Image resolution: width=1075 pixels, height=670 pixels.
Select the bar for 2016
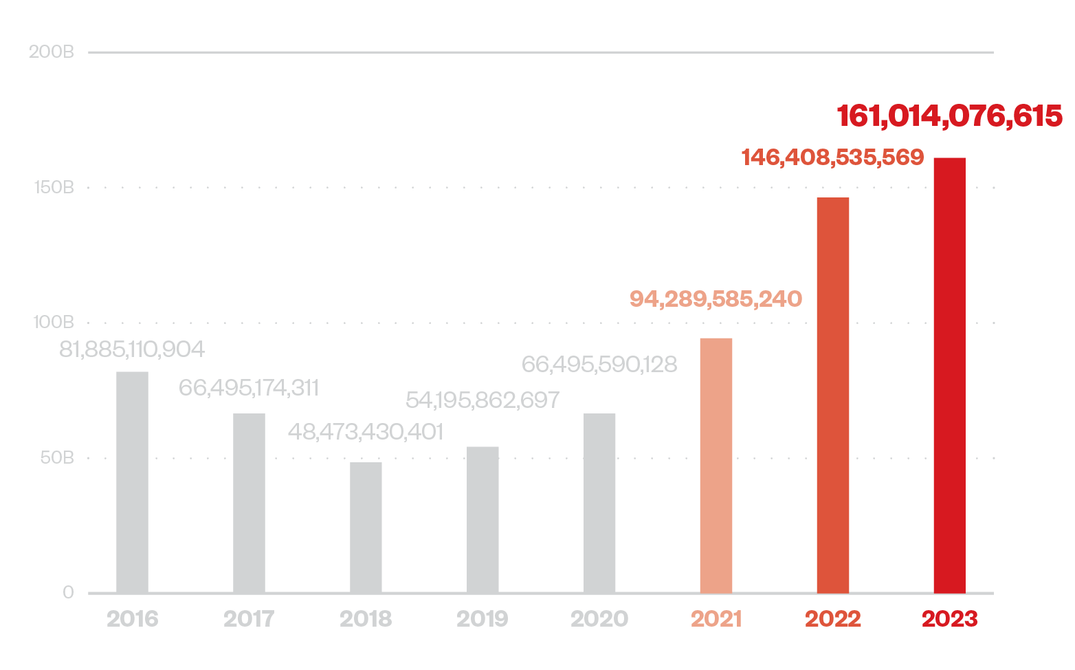pyautogui.click(x=132, y=482)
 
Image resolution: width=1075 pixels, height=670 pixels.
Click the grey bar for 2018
pyautogui.click(x=366, y=527)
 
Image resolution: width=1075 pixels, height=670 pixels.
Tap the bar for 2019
pyautogui.click(x=483, y=519)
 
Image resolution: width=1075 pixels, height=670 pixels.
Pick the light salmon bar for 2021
pyautogui.click(x=716, y=465)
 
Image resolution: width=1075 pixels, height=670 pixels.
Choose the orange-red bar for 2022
pyautogui.click(x=833, y=395)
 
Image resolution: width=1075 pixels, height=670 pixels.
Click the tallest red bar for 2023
pyautogui.click(x=949, y=375)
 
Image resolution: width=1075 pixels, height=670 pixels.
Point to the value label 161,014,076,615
pyautogui.click(x=949, y=116)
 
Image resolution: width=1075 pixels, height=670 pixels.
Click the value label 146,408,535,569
pyautogui.click(x=832, y=158)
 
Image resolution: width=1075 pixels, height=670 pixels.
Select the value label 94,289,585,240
pyautogui.click(x=716, y=299)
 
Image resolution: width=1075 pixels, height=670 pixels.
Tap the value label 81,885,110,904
pyautogui.click(x=132, y=349)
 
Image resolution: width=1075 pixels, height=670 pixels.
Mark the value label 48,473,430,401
pyautogui.click(x=365, y=432)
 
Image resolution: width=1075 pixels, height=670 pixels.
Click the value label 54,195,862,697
pyautogui.click(x=483, y=400)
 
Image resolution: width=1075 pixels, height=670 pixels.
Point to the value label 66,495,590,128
pyautogui.click(x=599, y=364)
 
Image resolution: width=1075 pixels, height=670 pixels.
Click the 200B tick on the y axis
pyautogui.click(x=51, y=52)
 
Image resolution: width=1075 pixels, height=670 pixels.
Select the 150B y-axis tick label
pyautogui.click(x=53, y=187)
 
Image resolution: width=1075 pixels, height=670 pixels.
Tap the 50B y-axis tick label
pyautogui.click(x=56, y=458)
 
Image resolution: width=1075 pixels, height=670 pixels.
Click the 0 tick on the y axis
pyautogui.click(x=68, y=592)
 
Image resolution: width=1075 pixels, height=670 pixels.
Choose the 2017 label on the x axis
pyautogui.click(x=249, y=619)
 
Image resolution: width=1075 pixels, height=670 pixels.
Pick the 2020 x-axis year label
pyautogui.click(x=599, y=619)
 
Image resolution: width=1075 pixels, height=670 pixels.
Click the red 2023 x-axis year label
pyautogui.click(x=949, y=619)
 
